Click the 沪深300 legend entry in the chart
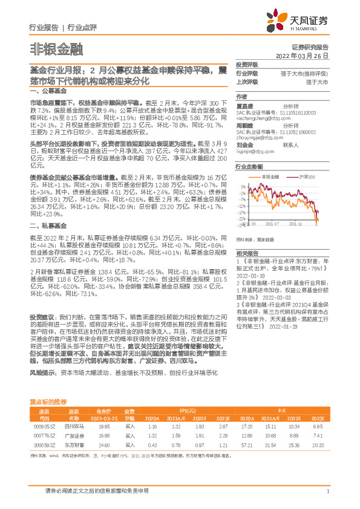tap(306, 177)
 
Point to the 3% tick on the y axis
tap(243, 186)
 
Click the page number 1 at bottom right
tap(327, 491)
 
